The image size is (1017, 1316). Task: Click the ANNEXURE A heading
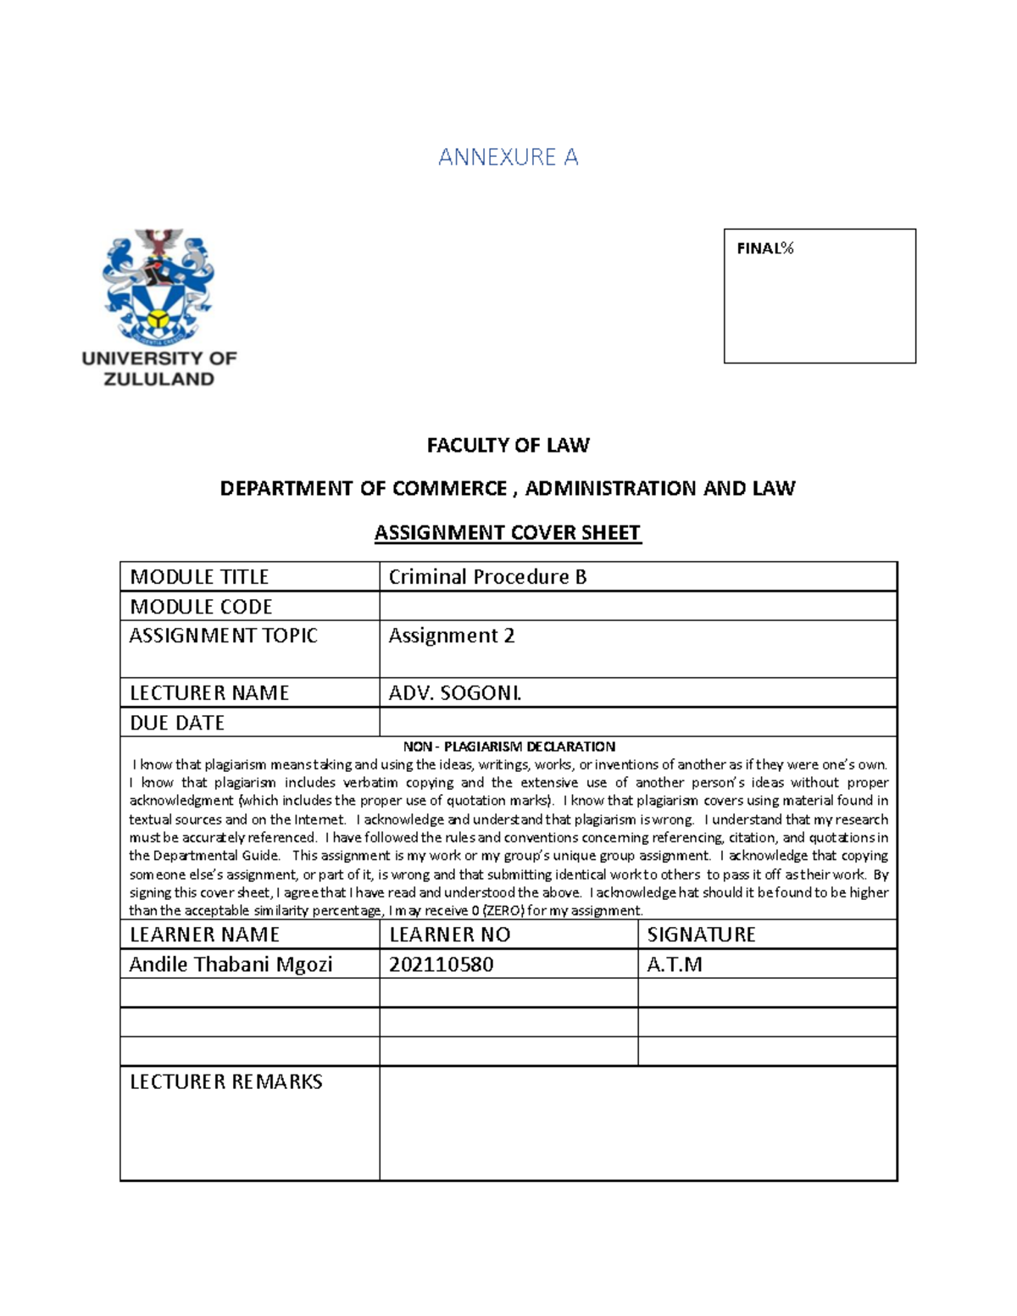pos(508,157)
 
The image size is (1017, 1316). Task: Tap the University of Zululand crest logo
pos(158,284)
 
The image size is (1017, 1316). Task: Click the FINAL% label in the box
pos(764,248)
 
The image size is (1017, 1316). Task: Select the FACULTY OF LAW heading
pos(508,445)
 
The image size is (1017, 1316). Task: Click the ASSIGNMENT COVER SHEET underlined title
pos(508,533)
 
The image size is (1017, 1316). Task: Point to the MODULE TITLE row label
pos(199,577)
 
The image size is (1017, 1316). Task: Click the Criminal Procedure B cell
pos(487,577)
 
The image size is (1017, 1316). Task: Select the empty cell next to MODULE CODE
pos(637,607)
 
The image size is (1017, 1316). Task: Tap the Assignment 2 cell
pos(452,636)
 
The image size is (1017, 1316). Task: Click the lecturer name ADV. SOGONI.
pos(455,693)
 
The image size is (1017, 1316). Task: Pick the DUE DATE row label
pos(177,723)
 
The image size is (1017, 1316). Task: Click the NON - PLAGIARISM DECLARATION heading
pos(508,747)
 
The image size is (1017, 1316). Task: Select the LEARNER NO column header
pos(449,935)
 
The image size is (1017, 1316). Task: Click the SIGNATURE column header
pos(701,935)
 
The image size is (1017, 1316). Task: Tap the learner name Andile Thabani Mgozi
pos(231,964)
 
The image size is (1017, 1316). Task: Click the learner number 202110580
pos(441,964)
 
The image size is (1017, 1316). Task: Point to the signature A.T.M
pos(675,964)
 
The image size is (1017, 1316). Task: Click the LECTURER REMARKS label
pos(225,1082)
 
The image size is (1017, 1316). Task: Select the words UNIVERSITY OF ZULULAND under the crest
pos(159,369)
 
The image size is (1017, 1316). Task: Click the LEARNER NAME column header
pos(204,935)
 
